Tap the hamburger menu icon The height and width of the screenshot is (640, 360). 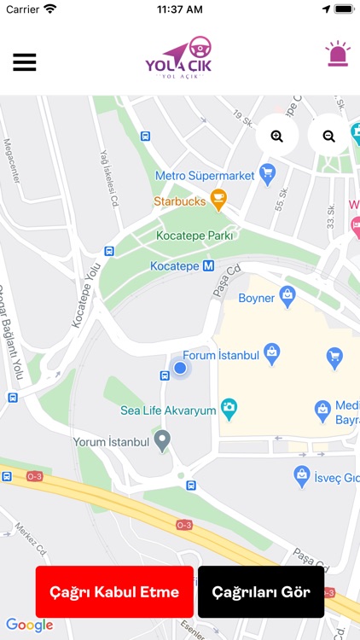[24, 62]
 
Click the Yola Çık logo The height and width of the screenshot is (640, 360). [179, 58]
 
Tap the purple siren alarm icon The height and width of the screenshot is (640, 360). [338, 55]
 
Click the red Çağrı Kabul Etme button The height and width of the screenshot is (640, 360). [114, 591]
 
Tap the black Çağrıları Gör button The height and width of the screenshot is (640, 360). [261, 591]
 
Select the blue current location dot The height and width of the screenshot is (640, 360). [180, 368]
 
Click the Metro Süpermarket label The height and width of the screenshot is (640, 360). [205, 176]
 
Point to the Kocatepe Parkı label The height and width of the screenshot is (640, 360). [195, 236]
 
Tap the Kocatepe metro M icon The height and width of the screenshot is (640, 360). [208, 266]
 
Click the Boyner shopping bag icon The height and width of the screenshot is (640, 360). [288, 298]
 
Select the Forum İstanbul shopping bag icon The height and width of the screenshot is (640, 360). [271, 350]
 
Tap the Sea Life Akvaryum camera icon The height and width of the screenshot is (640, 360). [229, 410]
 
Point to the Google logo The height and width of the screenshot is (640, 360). [29, 625]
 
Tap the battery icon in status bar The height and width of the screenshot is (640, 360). [343, 9]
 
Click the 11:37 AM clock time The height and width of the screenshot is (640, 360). [180, 9]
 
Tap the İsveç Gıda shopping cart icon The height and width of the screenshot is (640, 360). [301, 474]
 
